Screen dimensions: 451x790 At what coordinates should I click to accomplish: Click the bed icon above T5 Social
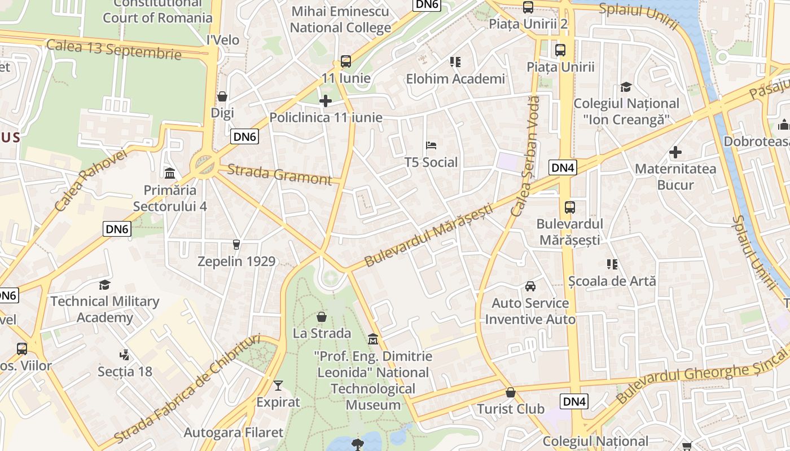431,145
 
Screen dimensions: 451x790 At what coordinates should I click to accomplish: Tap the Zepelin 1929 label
236,261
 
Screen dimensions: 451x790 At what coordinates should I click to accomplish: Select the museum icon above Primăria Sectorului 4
170,173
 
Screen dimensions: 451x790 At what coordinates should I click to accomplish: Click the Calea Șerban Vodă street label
525,156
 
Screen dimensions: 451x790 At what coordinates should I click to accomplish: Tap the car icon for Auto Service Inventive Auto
530,286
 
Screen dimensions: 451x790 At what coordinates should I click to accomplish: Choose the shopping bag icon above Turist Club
511,392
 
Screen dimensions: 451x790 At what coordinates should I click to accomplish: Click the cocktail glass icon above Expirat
278,386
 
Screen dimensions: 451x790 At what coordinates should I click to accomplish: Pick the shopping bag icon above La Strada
322,317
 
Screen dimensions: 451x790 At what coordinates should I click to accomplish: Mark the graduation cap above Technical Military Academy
104,285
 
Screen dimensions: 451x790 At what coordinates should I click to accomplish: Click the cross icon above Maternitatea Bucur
675,152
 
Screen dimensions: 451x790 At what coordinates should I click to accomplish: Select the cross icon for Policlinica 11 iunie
326,101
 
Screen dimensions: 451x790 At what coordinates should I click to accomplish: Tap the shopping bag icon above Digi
222,96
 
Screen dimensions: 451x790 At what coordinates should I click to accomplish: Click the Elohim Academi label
455,79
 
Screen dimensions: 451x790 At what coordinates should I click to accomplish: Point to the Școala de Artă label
612,280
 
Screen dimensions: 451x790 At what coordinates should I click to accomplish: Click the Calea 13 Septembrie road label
114,49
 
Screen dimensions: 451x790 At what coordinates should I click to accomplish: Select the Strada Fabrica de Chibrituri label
187,388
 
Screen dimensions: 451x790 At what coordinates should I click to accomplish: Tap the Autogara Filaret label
233,432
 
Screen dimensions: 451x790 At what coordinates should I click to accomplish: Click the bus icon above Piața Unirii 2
528,7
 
